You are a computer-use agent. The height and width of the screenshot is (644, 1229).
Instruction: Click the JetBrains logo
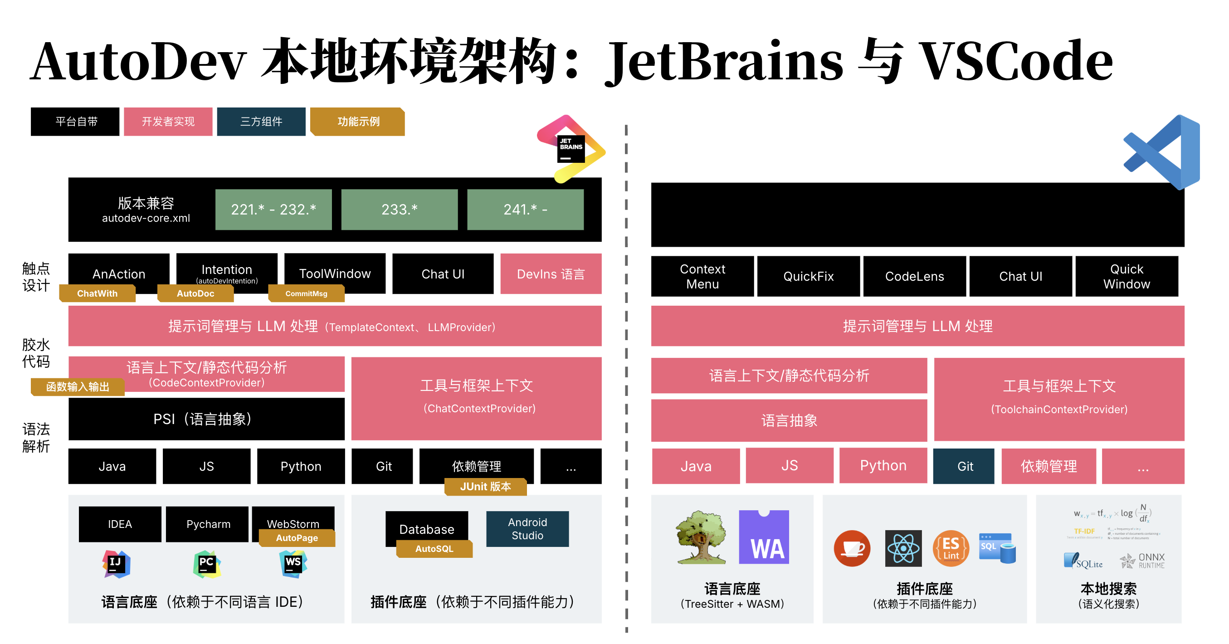571,148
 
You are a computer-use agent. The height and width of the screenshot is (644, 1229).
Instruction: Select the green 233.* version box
400,210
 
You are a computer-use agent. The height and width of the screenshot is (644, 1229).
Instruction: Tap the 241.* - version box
525,210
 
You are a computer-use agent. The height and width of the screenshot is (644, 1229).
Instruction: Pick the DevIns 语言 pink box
551,274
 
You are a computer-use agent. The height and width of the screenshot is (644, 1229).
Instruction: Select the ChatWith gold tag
98,293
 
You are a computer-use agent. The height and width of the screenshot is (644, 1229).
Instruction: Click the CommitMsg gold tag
306,293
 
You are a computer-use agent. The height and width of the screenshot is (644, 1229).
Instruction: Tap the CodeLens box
914,276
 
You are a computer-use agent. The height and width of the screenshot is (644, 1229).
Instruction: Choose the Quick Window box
1127,276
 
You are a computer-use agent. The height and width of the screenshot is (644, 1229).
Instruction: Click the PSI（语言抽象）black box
206,419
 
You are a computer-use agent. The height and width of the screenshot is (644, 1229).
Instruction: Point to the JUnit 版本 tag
485,487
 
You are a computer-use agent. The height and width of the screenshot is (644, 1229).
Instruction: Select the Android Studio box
527,528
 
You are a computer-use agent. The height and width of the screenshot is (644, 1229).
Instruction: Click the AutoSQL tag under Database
434,549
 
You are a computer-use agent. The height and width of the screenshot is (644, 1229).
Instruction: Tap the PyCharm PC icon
207,563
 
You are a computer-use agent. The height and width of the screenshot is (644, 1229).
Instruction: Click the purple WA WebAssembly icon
764,537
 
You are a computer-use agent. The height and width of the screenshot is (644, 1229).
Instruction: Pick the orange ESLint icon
951,548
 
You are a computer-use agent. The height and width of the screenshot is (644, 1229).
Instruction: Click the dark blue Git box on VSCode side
964,466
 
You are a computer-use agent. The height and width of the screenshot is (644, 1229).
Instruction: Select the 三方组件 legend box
261,122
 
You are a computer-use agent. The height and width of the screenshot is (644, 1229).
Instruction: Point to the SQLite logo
1083,561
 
